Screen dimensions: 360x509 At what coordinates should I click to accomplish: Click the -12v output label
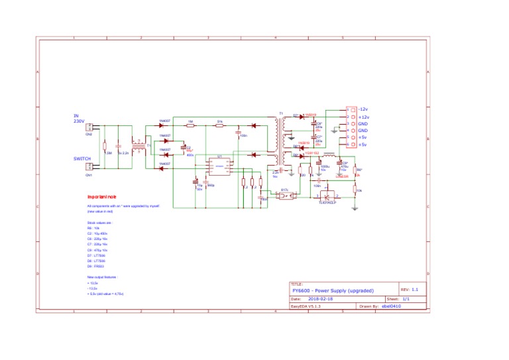[x=363, y=109]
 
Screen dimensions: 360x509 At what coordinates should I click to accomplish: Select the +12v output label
[x=363, y=116]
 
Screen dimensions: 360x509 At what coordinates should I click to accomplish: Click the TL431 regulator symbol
[x=326, y=196]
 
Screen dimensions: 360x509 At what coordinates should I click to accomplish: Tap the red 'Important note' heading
[x=102, y=197]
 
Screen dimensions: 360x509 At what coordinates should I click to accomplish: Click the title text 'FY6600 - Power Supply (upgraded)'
[x=333, y=290]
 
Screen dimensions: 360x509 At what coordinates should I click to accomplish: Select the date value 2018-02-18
[x=321, y=299]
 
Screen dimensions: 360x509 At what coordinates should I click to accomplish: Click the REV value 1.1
[x=415, y=290]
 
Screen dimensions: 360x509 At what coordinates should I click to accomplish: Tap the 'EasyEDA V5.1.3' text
[x=306, y=307]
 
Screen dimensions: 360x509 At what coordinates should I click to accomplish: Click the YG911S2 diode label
[x=312, y=152]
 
